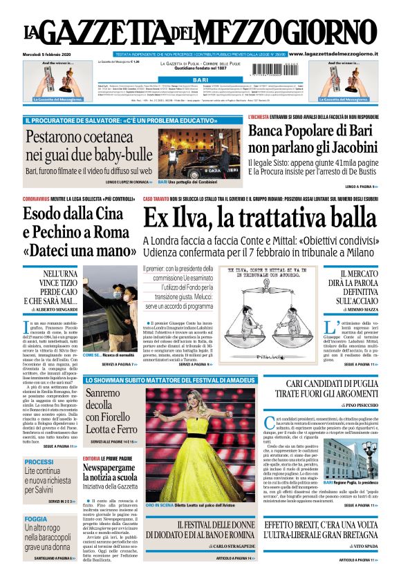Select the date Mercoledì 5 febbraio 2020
(48, 54)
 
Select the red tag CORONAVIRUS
(40, 199)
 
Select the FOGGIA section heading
(36, 518)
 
